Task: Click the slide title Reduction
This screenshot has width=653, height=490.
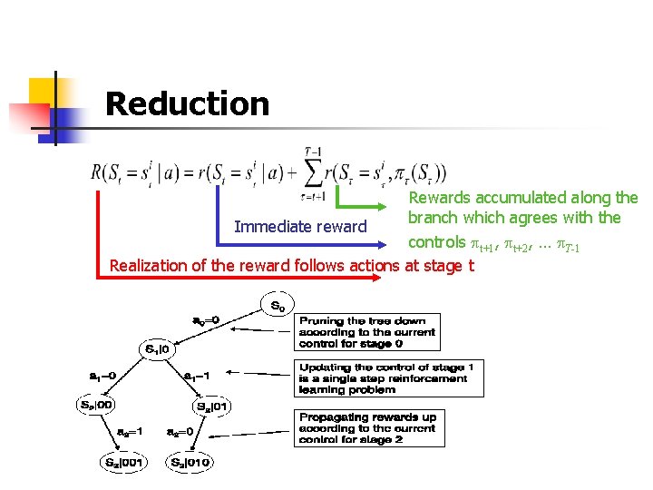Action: tap(187, 104)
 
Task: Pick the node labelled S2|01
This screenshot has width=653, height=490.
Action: tap(212, 406)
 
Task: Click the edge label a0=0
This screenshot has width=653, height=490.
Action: tap(210, 320)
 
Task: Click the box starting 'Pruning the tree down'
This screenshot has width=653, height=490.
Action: tap(367, 332)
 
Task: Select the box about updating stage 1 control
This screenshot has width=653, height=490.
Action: tap(390, 377)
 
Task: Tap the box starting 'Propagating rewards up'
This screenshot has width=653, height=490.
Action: tap(367, 428)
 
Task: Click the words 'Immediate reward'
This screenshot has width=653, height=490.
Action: tap(300, 227)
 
